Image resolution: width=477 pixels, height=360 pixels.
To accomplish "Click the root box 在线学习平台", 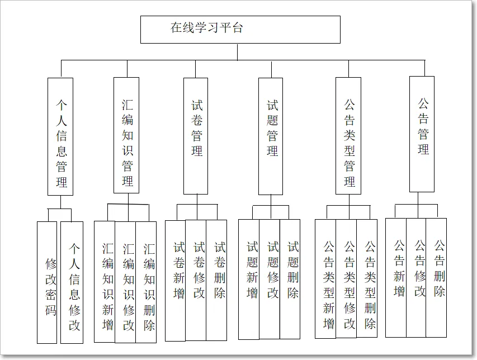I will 240,29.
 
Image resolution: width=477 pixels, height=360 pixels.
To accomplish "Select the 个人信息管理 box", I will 60,136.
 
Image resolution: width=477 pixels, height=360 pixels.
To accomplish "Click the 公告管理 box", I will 422,134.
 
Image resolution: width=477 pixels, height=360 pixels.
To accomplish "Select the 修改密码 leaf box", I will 48,282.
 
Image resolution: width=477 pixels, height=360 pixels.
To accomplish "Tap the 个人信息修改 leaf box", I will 72,282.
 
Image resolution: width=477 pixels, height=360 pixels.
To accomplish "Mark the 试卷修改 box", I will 196,280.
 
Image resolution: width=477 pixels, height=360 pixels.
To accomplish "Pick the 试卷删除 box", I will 217,280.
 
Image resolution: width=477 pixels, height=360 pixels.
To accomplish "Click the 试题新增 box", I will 249,279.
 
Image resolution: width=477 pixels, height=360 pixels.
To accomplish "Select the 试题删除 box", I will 290,279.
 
